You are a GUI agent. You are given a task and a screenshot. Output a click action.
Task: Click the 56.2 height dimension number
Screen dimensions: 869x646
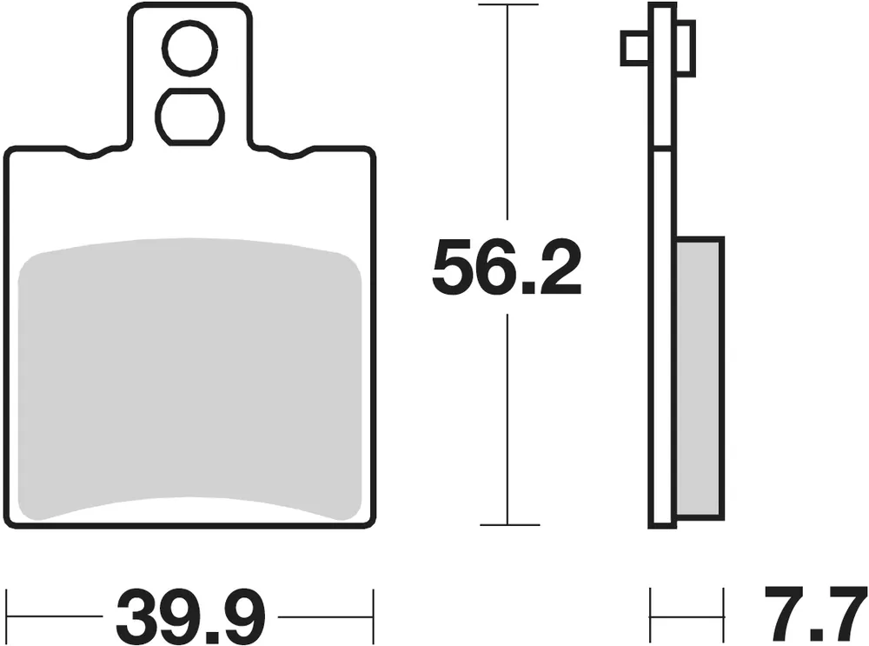(507, 267)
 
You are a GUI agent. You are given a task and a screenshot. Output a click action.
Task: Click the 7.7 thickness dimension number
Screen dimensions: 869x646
(815, 612)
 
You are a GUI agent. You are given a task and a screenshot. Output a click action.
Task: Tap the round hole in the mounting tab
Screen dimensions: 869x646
(189, 48)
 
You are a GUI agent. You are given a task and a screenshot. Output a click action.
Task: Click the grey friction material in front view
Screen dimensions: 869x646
(189, 380)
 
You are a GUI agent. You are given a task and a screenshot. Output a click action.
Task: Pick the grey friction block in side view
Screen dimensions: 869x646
(700, 379)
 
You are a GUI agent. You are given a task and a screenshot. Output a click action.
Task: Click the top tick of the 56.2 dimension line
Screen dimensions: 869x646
(508, 4)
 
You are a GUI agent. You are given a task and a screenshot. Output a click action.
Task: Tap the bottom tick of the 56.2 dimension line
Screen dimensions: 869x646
(509, 524)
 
